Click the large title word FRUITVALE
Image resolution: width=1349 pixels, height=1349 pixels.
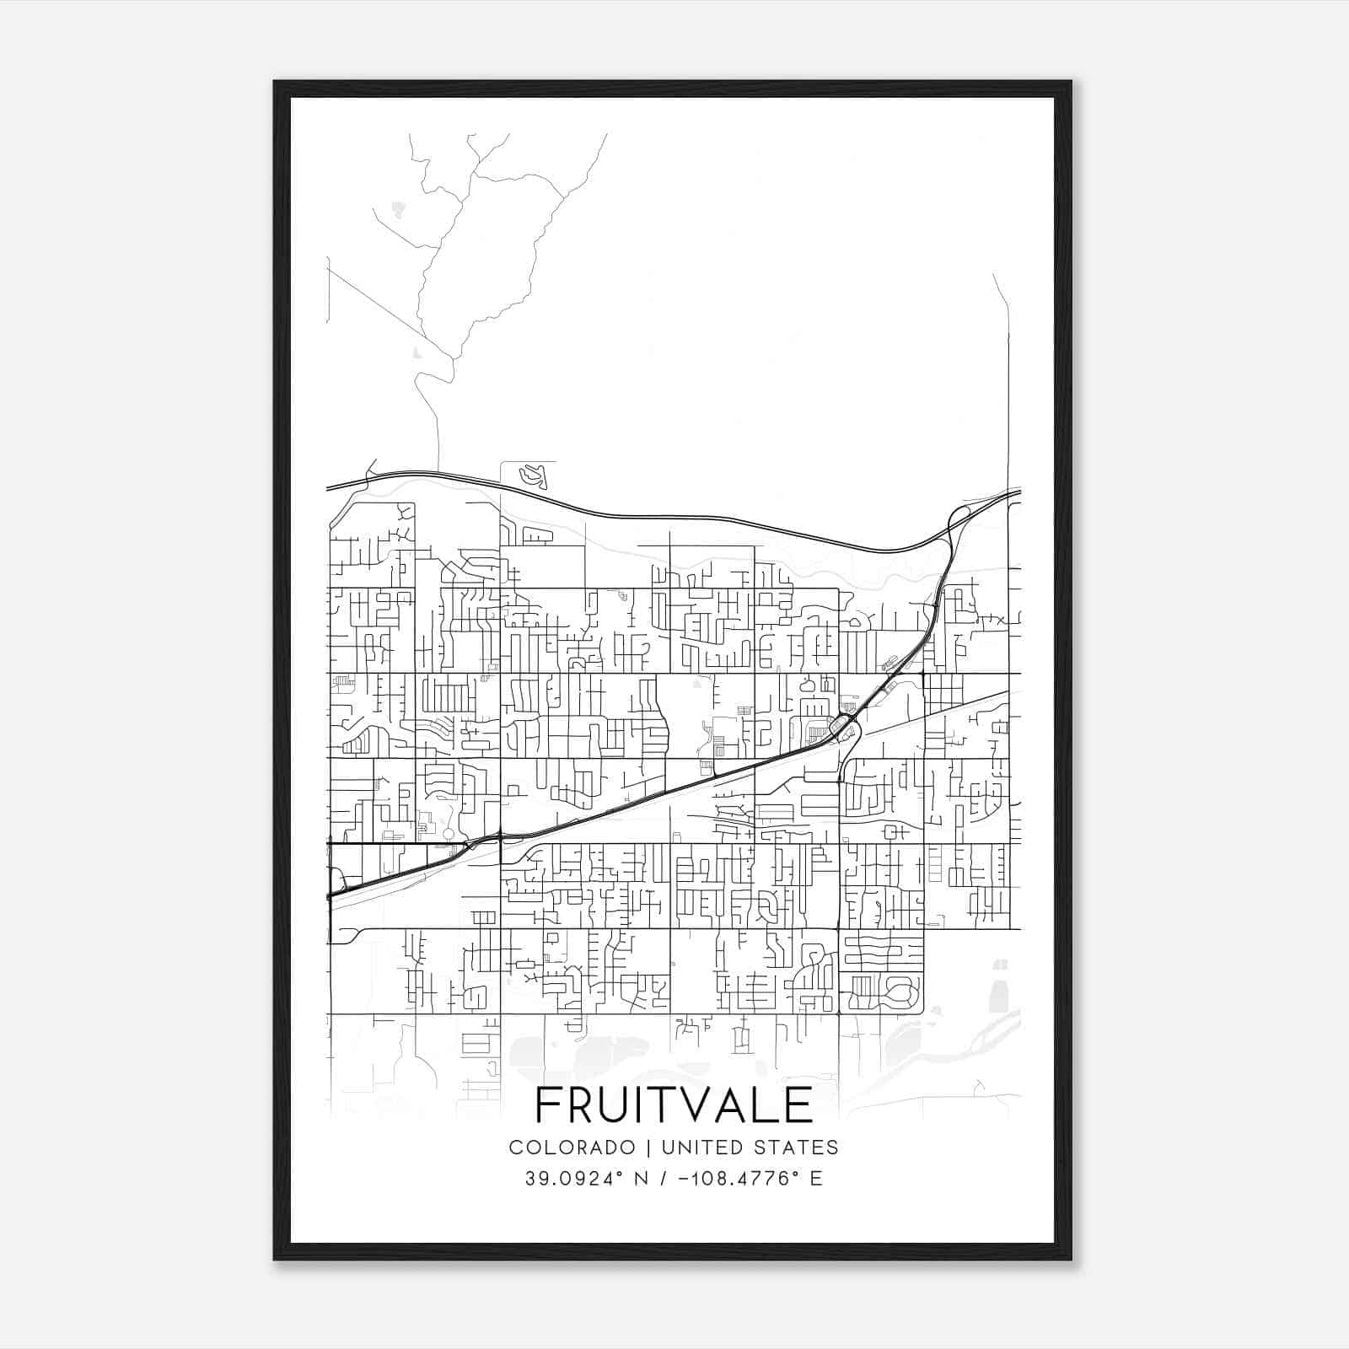click(x=674, y=1105)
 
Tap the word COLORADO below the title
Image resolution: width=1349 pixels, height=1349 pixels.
click(x=572, y=1147)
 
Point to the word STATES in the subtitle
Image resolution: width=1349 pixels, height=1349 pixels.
click(x=796, y=1147)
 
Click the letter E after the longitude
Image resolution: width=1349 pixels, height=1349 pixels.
click(x=815, y=1178)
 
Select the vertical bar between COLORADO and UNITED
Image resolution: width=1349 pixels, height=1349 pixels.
click(x=649, y=1147)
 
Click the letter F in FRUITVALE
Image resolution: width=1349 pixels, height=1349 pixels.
click(x=548, y=1105)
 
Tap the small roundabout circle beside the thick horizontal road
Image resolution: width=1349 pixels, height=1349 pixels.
click(x=449, y=834)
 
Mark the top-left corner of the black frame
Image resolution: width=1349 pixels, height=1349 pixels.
click(x=275, y=82)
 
